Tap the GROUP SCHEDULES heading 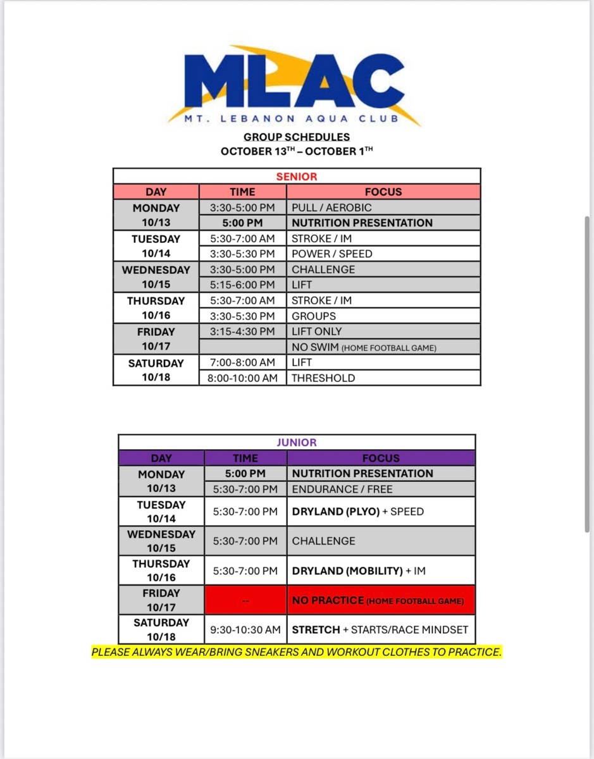tap(296, 137)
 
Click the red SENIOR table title tap(296, 176)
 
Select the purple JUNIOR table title tap(296, 443)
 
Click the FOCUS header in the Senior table tap(383, 192)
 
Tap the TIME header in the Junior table tap(245, 458)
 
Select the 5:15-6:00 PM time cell tap(242, 285)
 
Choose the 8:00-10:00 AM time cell tap(242, 378)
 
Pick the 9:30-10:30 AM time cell tap(245, 630)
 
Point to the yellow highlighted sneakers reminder tap(296, 652)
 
